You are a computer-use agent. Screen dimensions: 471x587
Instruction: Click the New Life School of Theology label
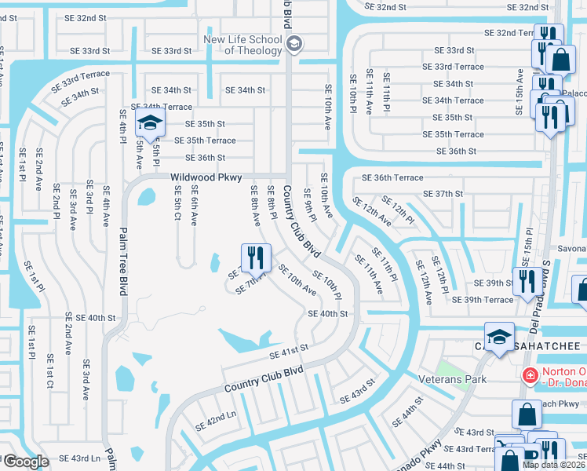(242, 45)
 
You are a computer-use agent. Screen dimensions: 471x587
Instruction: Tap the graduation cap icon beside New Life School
(294, 44)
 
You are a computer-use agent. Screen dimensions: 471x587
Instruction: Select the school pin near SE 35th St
(148, 123)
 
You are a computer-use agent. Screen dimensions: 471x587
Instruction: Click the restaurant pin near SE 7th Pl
(256, 256)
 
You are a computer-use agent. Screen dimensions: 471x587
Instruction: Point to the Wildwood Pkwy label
(206, 178)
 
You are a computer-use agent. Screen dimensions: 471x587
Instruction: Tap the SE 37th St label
(443, 194)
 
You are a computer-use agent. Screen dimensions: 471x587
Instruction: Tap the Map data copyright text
(554, 465)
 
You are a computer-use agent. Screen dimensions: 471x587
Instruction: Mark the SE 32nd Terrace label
(511, 33)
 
